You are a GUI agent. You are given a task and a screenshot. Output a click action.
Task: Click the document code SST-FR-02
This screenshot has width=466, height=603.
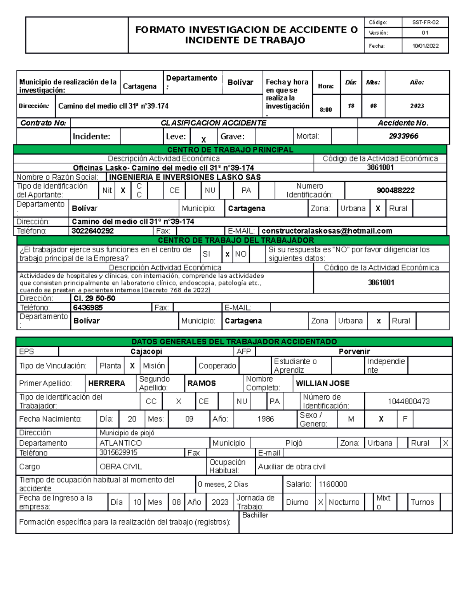425,23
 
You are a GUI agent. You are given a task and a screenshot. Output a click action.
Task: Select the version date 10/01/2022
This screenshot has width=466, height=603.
425,46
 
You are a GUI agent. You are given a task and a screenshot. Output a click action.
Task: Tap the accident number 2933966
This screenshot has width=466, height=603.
403,136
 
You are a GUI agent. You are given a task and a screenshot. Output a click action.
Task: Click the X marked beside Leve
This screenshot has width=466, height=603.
203,140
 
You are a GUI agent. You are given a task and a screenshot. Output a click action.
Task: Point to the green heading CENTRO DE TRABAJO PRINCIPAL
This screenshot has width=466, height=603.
230,150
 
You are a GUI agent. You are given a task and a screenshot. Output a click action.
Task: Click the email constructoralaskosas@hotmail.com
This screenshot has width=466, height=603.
327,231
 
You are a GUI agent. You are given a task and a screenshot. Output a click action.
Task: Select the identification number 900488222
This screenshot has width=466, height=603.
395,190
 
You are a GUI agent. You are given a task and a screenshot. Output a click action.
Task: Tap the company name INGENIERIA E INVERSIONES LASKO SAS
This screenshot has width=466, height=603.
185,177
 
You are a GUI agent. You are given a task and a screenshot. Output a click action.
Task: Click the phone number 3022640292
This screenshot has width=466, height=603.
93,231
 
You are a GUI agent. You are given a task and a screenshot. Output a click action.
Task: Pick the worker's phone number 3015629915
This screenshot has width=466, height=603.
118,452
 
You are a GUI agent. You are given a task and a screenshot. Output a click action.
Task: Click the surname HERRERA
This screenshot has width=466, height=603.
106,383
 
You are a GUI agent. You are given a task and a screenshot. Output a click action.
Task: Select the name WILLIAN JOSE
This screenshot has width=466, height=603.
322,383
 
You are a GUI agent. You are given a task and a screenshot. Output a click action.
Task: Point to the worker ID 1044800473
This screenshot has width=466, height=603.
409,401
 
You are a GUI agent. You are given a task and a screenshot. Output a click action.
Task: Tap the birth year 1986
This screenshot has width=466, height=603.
265,419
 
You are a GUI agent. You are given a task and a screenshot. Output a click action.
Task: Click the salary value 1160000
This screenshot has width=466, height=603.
333,484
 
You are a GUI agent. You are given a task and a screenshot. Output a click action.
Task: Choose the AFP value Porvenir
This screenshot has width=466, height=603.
354,351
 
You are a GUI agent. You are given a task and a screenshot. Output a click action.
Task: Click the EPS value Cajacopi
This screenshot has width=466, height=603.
146,351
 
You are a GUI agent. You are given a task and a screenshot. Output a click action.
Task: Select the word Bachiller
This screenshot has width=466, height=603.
255,515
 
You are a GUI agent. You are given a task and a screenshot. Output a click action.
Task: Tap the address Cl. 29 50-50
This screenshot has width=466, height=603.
94,298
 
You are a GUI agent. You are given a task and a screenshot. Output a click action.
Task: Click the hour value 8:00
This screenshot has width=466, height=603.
326,110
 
